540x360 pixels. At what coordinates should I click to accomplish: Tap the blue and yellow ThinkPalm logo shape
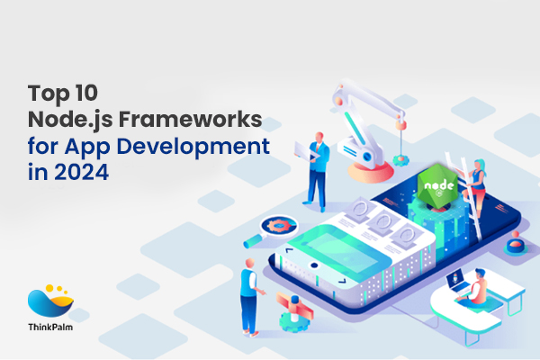(x=49, y=302)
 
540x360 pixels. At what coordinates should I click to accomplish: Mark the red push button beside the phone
(x=516, y=241)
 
